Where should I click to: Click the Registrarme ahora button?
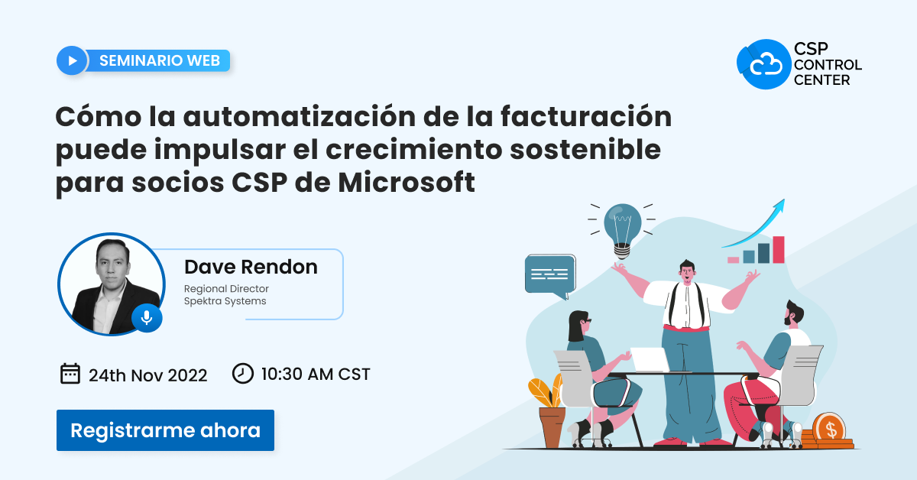click(x=165, y=430)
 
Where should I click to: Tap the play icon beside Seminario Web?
click(x=72, y=60)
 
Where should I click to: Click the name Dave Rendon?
click(x=251, y=267)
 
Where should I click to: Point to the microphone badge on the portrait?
click(x=147, y=316)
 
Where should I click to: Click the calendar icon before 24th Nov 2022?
click(x=70, y=374)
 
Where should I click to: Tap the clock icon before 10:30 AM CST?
click(x=242, y=374)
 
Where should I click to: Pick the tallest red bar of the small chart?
click(x=778, y=249)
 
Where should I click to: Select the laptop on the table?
click(x=650, y=359)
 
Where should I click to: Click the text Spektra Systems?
click(x=225, y=301)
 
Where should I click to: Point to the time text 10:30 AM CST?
click(x=315, y=375)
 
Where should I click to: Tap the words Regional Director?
click(x=226, y=289)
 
